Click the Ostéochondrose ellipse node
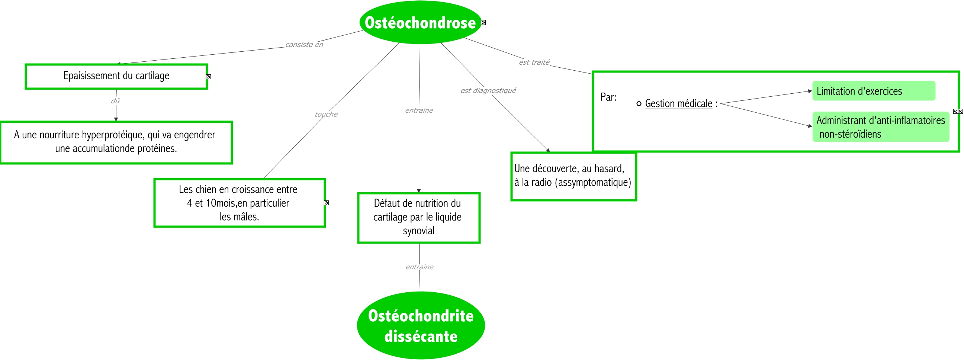[x=420, y=22]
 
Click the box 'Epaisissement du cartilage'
[x=116, y=76]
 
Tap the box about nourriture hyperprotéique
[x=116, y=142]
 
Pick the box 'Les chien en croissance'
[x=239, y=203]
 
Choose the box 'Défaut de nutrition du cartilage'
[x=418, y=218]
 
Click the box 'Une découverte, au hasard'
[x=573, y=176]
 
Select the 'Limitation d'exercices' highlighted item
[x=873, y=91]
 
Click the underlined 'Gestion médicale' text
[x=678, y=104]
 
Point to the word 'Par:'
[x=608, y=97]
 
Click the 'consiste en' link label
[x=304, y=45]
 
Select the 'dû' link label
[x=115, y=101]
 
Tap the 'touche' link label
[x=326, y=114]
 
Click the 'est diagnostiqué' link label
[x=488, y=91]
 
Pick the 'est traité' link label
[x=534, y=62]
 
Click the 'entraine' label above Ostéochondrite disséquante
[x=419, y=267]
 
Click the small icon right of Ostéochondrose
[x=483, y=23]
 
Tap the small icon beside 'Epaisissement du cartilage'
[x=208, y=77]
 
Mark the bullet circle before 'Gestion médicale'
[x=639, y=104]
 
